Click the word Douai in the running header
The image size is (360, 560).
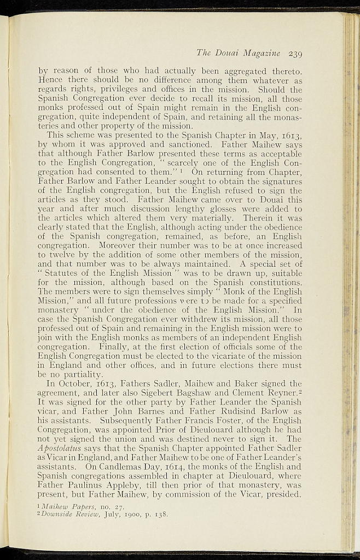click(231, 53)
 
